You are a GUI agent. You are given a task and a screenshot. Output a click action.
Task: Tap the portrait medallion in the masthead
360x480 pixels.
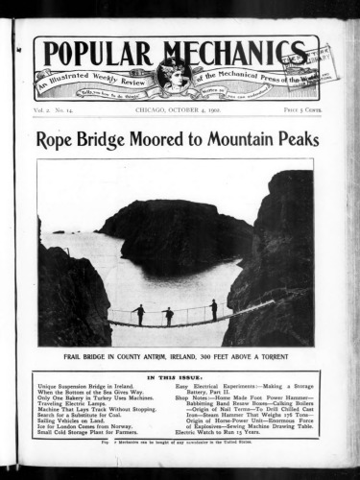(176, 74)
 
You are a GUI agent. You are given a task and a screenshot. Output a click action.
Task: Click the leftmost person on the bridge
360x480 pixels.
(140, 314)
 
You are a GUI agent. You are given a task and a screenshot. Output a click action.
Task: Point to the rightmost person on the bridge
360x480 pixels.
(213, 309)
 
